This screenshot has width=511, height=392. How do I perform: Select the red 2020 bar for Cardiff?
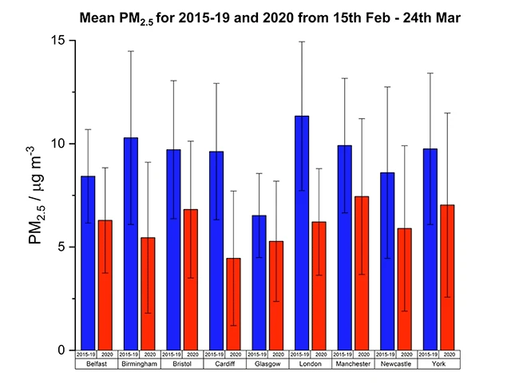(234, 304)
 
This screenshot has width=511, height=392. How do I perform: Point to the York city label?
(438, 363)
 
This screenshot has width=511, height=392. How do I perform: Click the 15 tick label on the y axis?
(57, 40)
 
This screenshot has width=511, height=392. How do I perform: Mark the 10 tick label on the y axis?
(57, 144)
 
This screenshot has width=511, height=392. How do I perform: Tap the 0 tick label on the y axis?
(61, 350)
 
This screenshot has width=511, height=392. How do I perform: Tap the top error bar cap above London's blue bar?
(303, 42)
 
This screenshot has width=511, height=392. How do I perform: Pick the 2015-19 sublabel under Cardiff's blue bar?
(216, 354)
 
